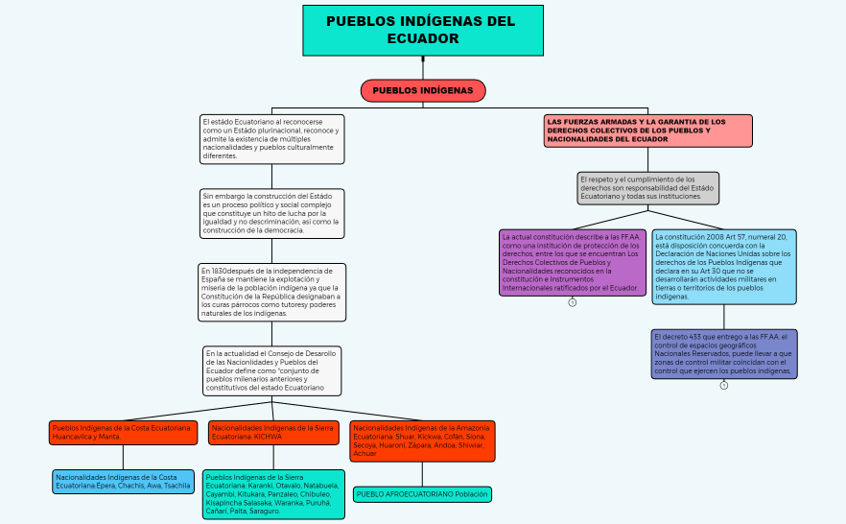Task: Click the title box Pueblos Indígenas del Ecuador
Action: point(422,30)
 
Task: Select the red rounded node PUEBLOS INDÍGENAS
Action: point(423,90)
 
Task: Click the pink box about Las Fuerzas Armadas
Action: point(647,131)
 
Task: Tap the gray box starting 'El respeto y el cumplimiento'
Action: point(647,188)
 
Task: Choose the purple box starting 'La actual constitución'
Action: point(572,262)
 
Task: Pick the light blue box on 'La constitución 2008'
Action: point(724,266)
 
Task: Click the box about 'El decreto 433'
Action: point(724,354)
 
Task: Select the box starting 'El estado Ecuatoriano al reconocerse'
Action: point(271,139)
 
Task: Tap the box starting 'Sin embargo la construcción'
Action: point(271,213)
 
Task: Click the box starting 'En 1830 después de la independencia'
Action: point(271,292)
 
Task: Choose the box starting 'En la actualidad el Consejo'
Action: point(271,370)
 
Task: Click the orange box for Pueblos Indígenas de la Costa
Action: point(123,432)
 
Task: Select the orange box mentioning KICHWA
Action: point(272,432)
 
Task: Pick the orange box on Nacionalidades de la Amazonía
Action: point(422,441)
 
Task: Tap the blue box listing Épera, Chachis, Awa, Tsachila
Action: point(123,481)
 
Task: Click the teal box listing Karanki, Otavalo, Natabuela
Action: point(273,494)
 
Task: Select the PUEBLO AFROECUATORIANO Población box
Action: point(422,494)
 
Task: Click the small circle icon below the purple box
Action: point(573,302)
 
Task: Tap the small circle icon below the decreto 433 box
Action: point(724,385)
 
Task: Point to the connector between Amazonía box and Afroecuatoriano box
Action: point(422,474)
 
